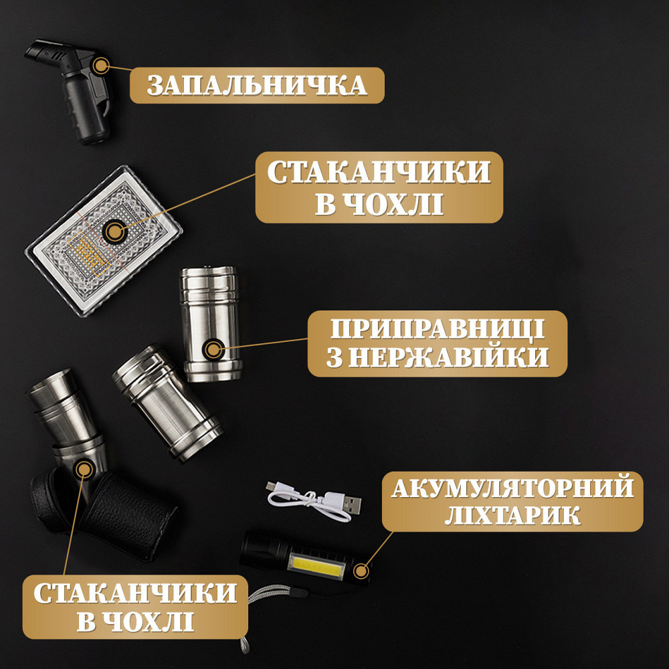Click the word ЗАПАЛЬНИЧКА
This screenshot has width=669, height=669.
[257, 86]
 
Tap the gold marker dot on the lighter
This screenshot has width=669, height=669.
[101, 66]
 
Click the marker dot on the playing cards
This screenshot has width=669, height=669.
[115, 232]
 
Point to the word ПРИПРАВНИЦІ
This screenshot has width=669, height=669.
[438, 330]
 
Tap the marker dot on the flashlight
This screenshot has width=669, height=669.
[361, 571]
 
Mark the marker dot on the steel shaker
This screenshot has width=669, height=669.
[213, 349]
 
